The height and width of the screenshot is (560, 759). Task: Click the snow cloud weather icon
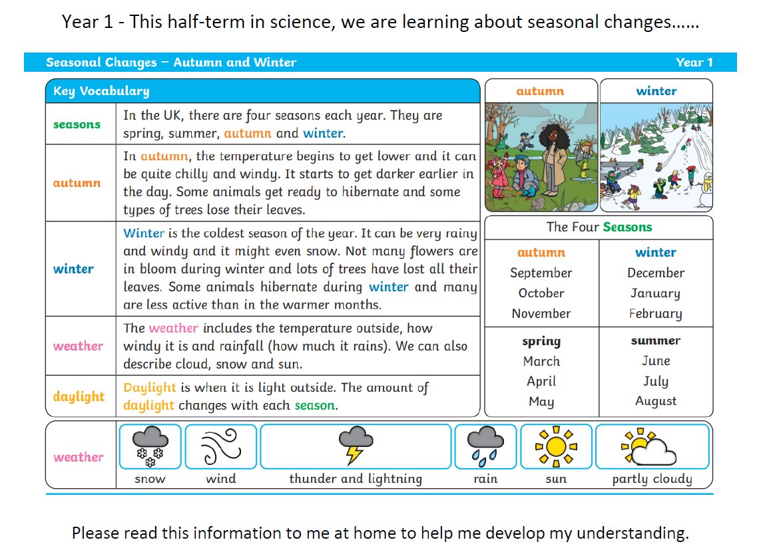pyautogui.click(x=150, y=446)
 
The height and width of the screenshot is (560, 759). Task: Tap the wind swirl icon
pyautogui.click(x=221, y=446)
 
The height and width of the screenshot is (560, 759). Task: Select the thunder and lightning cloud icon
pyautogui.click(x=356, y=446)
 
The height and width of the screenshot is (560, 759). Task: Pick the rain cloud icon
pyautogui.click(x=485, y=446)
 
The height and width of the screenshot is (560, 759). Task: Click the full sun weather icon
pyautogui.click(x=556, y=446)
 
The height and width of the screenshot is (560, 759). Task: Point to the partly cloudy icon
pyautogui.click(x=648, y=446)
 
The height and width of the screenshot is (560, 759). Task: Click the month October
pyautogui.click(x=541, y=293)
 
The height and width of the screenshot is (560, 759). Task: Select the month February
pyautogui.click(x=655, y=314)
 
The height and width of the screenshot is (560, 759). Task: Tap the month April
pyautogui.click(x=541, y=382)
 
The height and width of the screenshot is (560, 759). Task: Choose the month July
pyautogui.click(x=656, y=381)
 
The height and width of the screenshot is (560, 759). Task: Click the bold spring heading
pyautogui.click(x=541, y=341)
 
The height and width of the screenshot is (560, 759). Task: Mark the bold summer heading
pyautogui.click(x=655, y=341)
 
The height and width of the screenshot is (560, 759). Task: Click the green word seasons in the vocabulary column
pyautogui.click(x=77, y=124)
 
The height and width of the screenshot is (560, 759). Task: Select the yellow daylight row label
pyautogui.click(x=79, y=396)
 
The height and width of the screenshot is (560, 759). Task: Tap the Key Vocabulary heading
pyautogui.click(x=101, y=91)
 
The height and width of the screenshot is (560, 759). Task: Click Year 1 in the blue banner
pyautogui.click(x=694, y=63)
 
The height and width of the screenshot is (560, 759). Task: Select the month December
pyautogui.click(x=656, y=273)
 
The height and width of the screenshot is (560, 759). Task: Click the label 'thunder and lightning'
pyautogui.click(x=356, y=479)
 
